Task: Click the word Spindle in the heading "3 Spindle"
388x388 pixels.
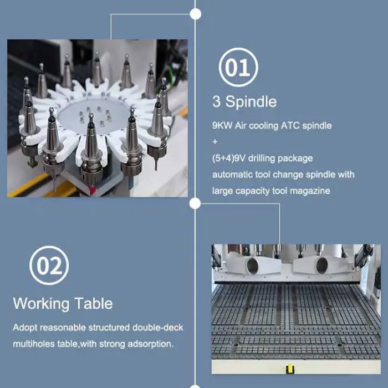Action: point(251,101)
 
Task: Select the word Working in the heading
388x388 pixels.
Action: point(41,304)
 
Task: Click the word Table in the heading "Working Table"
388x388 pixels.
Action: point(94,303)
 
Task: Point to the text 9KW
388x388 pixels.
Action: point(222,125)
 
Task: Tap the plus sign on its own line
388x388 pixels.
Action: point(215,142)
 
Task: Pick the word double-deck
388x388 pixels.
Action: point(157,328)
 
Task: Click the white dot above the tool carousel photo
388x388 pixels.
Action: point(196,14)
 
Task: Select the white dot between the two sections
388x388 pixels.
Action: point(195,203)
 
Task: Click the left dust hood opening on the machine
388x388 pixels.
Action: point(252,266)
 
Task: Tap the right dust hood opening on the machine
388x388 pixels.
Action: point(322,266)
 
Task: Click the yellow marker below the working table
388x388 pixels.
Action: point(290,369)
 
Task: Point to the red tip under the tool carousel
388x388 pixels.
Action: point(93,191)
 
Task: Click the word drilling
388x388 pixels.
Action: point(261,158)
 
